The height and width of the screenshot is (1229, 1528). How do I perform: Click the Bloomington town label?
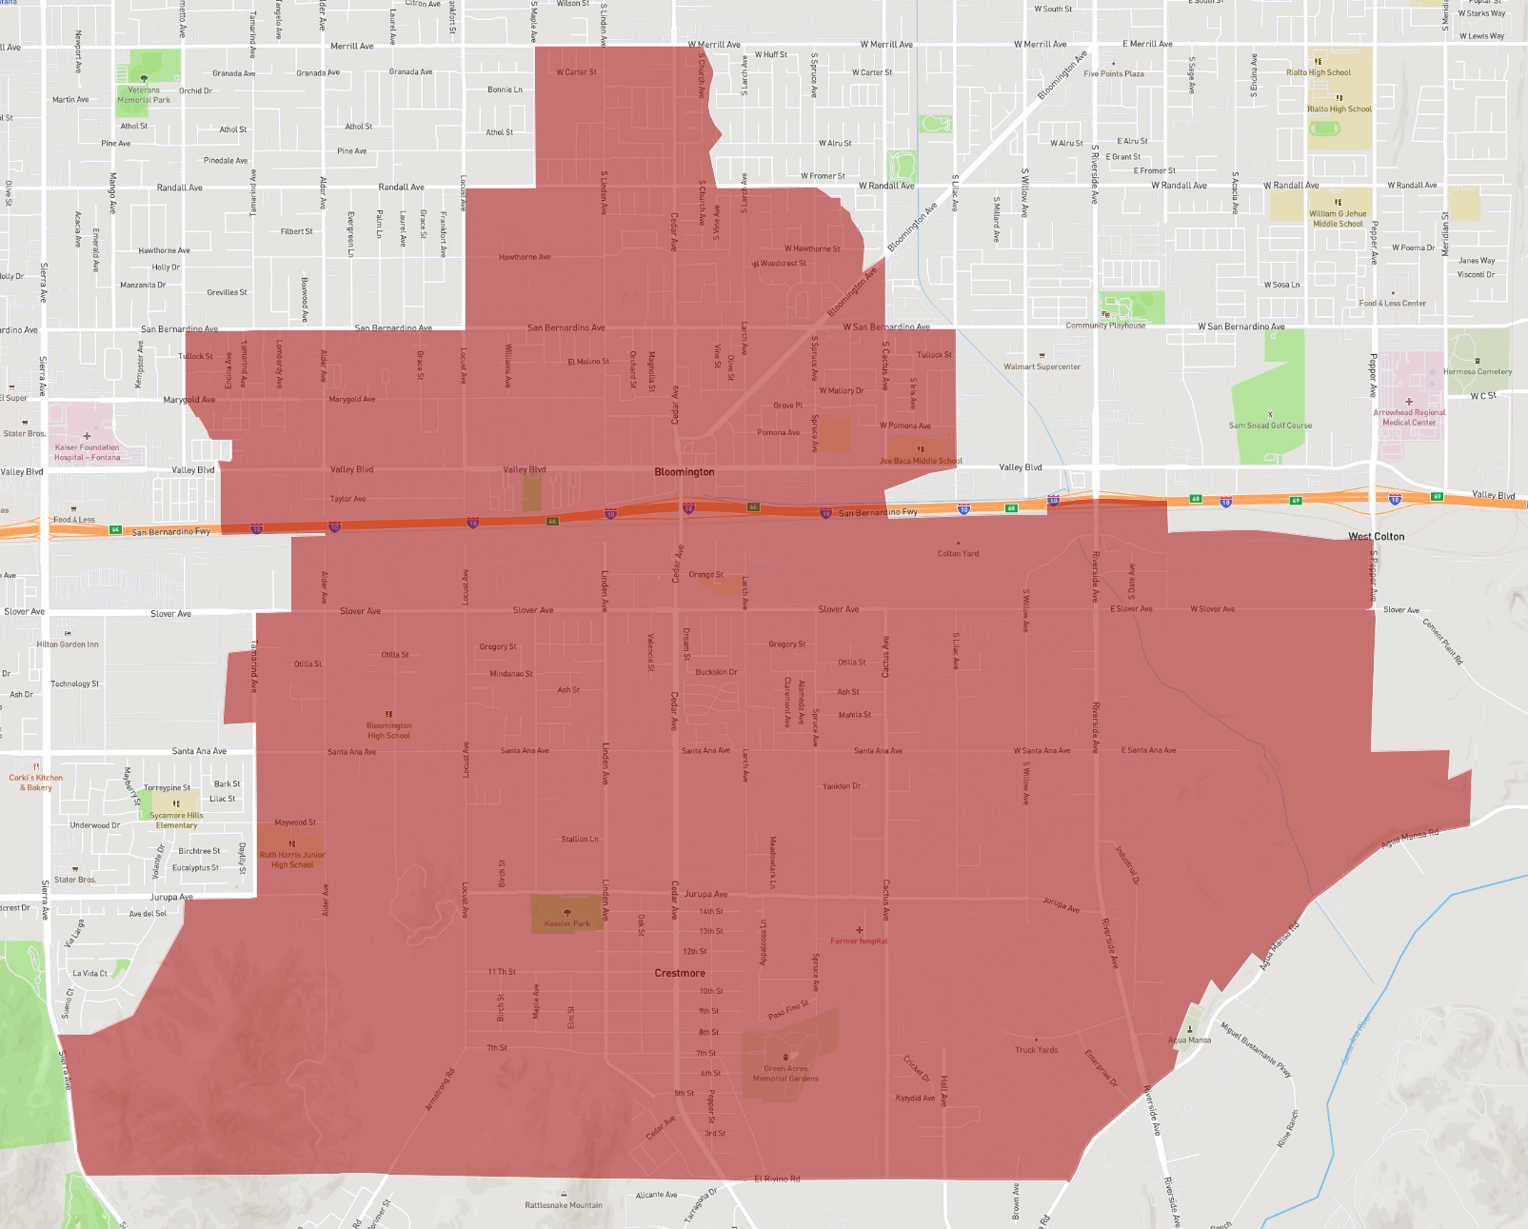[684, 472]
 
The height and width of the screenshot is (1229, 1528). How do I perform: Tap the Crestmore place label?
[680, 973]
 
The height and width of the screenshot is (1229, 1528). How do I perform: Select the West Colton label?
[1376, 537]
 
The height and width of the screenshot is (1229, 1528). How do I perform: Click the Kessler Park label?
[567, 923]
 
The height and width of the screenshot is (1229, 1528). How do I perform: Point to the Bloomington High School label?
[388, 730]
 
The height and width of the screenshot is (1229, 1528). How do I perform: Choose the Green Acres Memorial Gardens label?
[785, 1074]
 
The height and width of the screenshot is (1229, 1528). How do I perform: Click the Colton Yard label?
[958, 553]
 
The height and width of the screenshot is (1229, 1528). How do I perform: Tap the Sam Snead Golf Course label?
[1270, 426]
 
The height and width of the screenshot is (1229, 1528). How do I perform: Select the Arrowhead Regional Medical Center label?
[1409, 418]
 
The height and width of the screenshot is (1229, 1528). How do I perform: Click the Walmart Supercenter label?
[1042, 367]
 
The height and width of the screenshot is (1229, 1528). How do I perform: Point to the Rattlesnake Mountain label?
[564, 1205]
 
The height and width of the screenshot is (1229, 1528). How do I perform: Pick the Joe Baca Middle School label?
[921, 461]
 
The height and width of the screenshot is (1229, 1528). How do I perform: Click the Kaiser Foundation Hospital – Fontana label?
[88, 452]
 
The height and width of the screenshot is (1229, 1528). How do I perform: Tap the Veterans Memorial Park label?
[144, 95]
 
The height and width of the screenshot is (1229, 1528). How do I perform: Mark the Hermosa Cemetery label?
[1477, 372]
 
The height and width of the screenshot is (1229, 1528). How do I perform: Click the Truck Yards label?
[1036, 1050]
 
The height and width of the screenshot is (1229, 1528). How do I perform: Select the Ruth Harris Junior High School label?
[292, 860]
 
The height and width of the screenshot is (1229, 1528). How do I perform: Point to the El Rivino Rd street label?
[777, 1179]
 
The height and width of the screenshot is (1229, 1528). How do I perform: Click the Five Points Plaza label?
[1114, 73]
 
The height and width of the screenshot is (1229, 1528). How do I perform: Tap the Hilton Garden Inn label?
[68, 644]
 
